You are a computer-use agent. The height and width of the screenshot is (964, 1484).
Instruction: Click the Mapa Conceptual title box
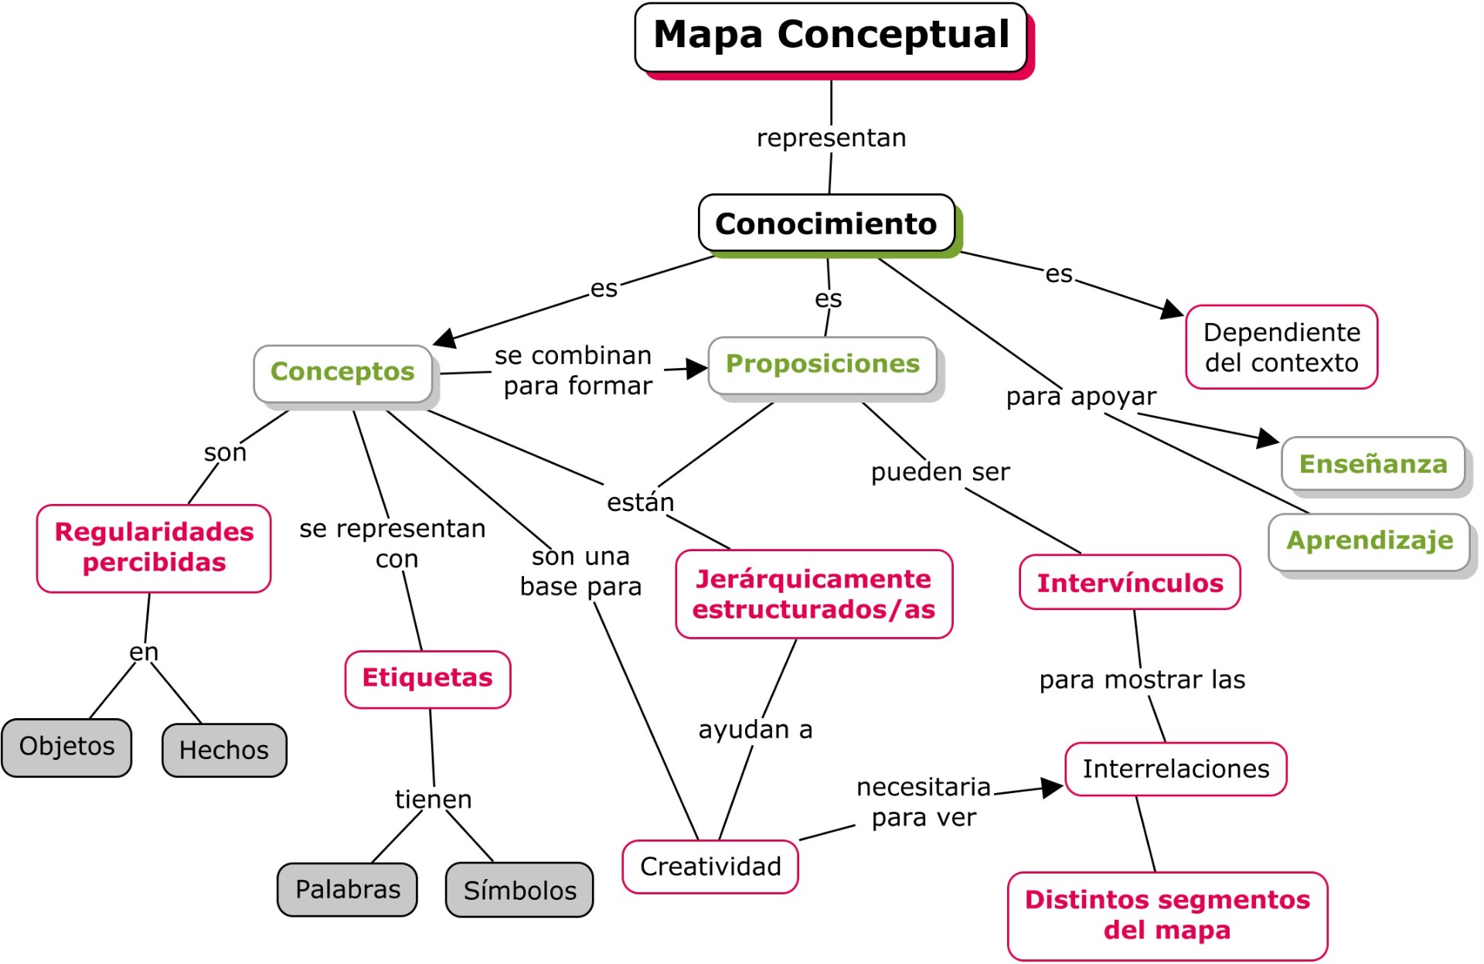click(x=831, y=36)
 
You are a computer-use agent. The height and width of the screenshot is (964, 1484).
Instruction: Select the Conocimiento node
click(x=826, y=223)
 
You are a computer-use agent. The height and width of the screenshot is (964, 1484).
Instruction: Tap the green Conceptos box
click(x=342, y=373)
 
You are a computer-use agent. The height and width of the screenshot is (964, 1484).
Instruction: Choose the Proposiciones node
click(x=822, y=365)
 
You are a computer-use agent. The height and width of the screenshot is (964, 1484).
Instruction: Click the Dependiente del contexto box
click(x=1281, y=347)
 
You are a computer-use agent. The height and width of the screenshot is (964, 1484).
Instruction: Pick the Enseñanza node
click(x=1373, y=464)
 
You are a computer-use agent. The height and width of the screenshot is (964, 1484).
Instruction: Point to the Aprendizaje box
click(x=1369, y=541)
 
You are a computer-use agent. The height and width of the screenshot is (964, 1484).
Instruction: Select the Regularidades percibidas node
click(x=154, y=548)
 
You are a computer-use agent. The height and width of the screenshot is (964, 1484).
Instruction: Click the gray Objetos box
click(x=67, y=747)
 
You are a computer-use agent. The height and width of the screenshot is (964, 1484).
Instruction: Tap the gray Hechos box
click(x=224, y=750)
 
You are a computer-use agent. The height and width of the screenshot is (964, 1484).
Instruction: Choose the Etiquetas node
click(x=427, y=679)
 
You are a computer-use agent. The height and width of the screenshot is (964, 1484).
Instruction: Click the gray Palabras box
click(x=348, y=890)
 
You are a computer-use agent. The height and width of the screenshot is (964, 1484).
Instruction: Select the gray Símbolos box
click(x=519, y=891)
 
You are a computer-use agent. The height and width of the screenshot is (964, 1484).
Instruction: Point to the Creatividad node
click(x=710, y=867)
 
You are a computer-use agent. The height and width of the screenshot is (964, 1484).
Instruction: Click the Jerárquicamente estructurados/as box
click(x=814, y=594)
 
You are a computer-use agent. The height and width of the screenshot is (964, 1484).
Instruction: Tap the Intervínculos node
click(x=1130, y=583)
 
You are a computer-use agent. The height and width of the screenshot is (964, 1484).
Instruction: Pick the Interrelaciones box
click(x=1176, y=769)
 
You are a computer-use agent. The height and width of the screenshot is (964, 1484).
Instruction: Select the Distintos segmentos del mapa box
click(x=1167, y=915)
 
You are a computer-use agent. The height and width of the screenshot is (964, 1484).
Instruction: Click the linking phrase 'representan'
click(x=831, y=138)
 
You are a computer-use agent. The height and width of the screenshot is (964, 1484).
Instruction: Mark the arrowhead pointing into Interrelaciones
click(x=1053, y=788)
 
